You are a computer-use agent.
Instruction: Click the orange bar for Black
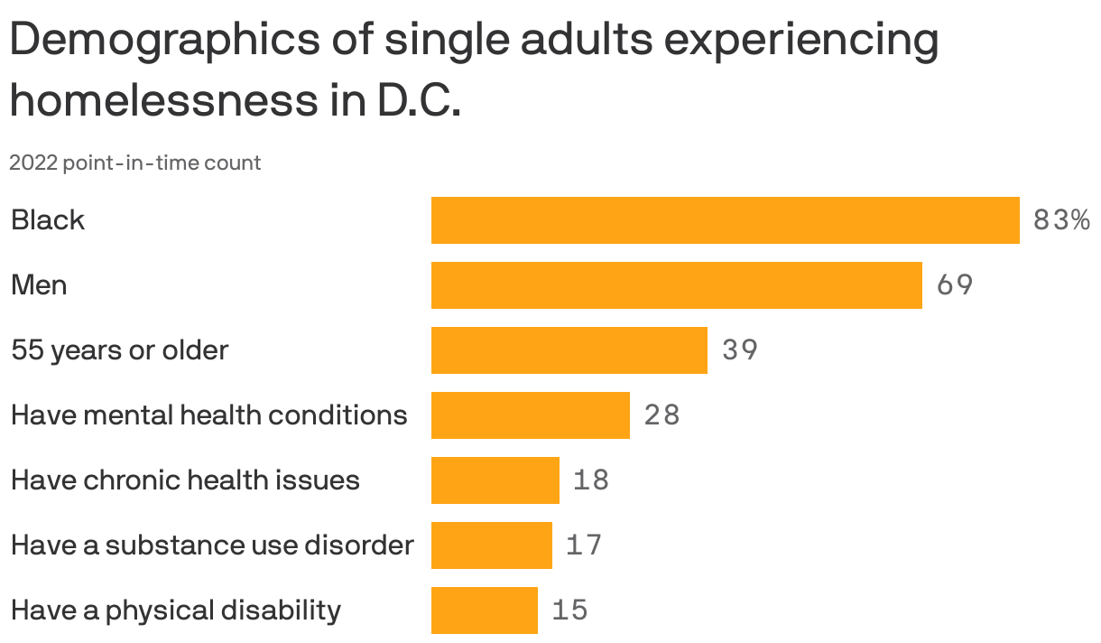(x=725, y=220)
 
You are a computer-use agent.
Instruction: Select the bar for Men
(x=676, y=285)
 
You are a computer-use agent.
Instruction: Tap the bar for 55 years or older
(x=569, y=350)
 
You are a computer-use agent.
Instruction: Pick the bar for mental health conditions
(x=530, y=415)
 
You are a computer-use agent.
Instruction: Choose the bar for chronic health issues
(x=495, y=480)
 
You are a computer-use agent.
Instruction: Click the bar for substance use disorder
(x=491, y=545)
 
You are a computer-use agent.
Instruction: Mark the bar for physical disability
(x=484, y=610)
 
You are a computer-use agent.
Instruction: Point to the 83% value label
(x=1061, y=220)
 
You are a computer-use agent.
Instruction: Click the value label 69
(x=955, y=285)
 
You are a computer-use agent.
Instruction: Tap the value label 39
(x=740, y=350)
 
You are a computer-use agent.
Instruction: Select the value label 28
(x=662, y=415)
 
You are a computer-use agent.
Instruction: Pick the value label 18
(x=591, y=480)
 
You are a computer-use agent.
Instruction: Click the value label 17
(x=584, y=545)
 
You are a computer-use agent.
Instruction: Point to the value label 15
(x=569, y=610)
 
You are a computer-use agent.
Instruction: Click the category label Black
(x=48, y=220)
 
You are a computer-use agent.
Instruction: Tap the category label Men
(x=39, y=285)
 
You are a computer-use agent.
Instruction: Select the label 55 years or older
(x=119, y=350)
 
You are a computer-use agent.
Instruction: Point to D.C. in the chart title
(x=416, y=101)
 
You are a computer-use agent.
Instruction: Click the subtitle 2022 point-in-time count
(x=135, y=163)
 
